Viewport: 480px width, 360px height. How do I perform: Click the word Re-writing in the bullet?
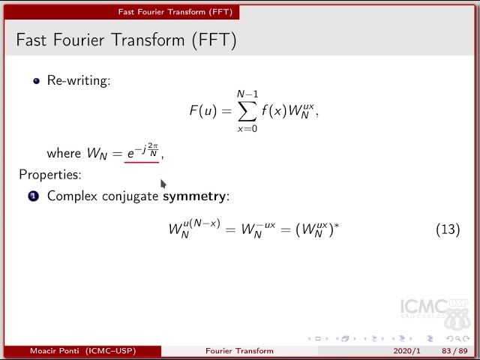(78, 80)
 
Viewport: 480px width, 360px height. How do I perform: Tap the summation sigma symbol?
(246, 112)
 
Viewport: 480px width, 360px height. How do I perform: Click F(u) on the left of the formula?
(202, 112)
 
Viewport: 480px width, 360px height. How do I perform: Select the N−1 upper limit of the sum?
(247, 94)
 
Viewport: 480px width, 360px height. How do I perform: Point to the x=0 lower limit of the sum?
(247, 129)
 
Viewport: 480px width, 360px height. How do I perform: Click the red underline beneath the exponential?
(141, 162)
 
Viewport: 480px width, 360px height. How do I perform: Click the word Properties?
(49, 175)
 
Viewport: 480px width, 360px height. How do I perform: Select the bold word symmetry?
(195, 196)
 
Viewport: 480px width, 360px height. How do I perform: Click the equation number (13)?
(448, 229)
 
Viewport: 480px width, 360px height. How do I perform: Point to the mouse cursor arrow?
(163, 183)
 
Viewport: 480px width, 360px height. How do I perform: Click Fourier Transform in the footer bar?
(239, 351)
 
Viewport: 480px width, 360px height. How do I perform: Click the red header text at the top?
(175, 12)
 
